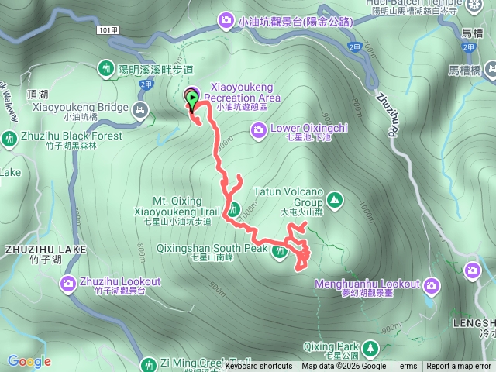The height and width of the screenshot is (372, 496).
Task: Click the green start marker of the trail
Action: click(191, 98)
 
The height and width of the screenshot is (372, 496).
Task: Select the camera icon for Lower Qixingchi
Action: click(259, 129)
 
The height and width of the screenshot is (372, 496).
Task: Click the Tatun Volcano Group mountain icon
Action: click(334, 199)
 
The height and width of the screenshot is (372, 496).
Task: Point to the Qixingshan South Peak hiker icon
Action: click(280, 250)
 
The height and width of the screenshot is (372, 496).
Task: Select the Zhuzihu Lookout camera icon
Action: click(69, 284)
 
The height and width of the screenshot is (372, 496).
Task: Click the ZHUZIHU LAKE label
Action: click(43, 249)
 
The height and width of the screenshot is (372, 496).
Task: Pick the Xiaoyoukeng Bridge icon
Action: click(140, 110)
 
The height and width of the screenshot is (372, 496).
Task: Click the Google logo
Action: click(29, 361)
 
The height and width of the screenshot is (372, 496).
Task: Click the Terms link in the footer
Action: click(406, 367)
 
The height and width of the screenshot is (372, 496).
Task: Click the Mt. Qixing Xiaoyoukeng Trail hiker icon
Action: click(233, 207)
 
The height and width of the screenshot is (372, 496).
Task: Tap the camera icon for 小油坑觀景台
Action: click(226, 20)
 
